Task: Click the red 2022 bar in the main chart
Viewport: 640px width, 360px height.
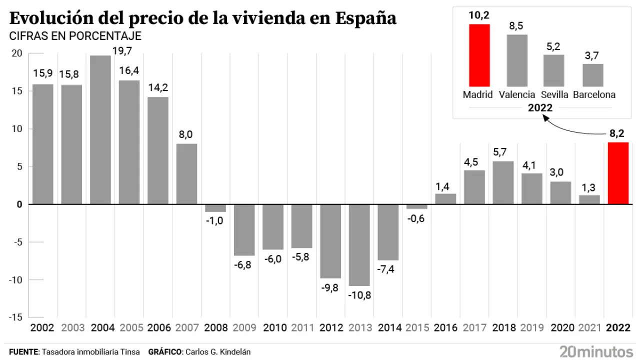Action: (x=618, y=173)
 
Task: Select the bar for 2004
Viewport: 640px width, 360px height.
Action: (x=100, y=130)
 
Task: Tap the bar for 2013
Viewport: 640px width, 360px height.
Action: (x=359, y=245)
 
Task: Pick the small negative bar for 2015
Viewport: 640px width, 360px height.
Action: (x=417, y=206)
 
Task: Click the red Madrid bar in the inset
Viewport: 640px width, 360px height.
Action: (x=479, y=55)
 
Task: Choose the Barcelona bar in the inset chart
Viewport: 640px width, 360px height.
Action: (x=593, y=75)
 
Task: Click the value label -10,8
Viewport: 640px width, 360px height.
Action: (x=359, y=295)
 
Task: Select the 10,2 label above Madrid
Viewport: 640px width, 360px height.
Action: (x=479, y=15)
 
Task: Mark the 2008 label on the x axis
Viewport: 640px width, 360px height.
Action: (x=215, y=328)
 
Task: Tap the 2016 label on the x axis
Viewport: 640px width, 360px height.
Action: (x=445, y=328)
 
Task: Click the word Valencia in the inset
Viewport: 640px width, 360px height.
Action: (x=517, y=94)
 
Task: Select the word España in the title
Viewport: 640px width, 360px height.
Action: (x=366, y=18)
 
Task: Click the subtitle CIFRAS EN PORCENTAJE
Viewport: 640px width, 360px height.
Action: (x=75, y=36)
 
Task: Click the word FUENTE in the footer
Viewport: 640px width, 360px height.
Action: (x=23, y=352)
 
